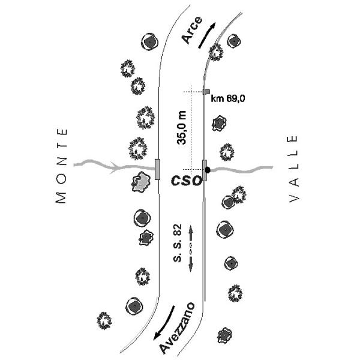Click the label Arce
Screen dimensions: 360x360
tap(192, 30)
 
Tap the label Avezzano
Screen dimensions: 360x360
tap(177, 328)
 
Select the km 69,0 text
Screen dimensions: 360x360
tap(228, 99)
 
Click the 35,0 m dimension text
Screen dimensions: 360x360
tap(181, 128)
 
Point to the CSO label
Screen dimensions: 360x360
tap(187, 180)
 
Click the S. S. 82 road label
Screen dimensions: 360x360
tap(177, 243)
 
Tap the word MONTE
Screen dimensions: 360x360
tap(62, 166)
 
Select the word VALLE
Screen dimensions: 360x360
tap(293, 169)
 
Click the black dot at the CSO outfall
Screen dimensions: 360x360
tap(208, 170)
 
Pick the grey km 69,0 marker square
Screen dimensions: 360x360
tap(206, 92)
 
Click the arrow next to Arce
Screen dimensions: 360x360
tap(206, 35)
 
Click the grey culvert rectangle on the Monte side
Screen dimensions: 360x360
tap(157, 169)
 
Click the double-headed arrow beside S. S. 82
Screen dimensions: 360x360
tap(190, 248)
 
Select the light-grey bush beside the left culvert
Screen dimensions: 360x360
tap(141, 182)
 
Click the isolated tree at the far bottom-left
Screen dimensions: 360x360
tap(104, 320)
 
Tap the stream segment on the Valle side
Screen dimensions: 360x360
tap(242, 170)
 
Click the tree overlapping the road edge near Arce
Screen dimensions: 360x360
tap(216, 52)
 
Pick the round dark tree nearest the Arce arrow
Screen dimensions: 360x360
tap(234, 41)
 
